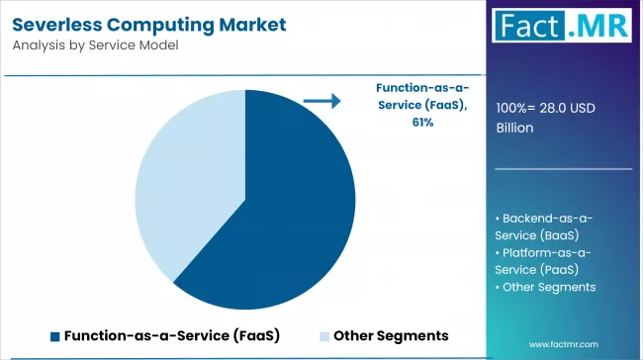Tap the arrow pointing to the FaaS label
point(321,101)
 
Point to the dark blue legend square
point(54,336)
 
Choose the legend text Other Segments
point(391,336)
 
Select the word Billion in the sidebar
point(514,128)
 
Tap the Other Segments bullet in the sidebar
point(549,287)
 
